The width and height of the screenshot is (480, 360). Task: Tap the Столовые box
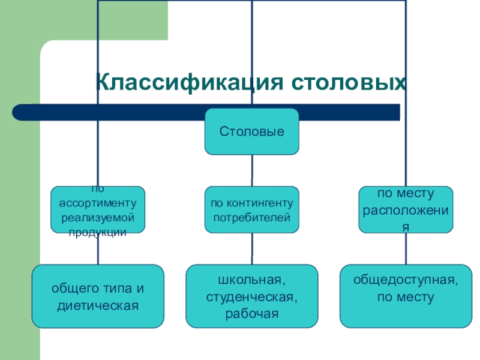pos(251,131)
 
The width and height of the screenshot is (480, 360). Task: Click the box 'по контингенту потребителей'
pos(251,209)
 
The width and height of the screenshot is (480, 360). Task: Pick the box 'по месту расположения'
pos(406,209)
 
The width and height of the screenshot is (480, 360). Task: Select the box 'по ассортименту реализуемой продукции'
pos(97,209)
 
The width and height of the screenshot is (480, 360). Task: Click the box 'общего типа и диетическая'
pos(97,296)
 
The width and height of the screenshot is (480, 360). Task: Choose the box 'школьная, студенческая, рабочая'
pos(251,296)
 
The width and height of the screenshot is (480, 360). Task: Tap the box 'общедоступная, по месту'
pos(406,296)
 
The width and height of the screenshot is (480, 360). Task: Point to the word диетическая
pos(98,305)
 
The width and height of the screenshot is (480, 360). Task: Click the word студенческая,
pos(252,296)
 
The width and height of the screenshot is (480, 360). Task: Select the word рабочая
pos(252,313)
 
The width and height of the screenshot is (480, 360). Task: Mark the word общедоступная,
pos(406,280)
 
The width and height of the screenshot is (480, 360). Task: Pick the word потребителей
pos(251,216)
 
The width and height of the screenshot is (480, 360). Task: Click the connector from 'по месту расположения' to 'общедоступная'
pos(406,248)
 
